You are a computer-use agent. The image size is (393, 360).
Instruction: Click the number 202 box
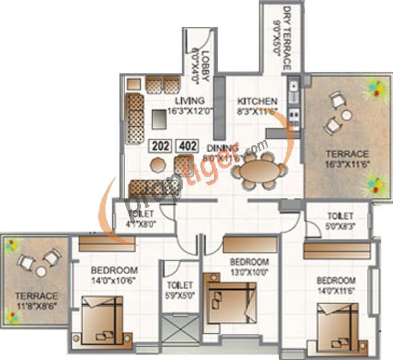160,146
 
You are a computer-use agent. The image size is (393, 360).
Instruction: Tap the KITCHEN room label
257,101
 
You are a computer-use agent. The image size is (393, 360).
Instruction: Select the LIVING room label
190,100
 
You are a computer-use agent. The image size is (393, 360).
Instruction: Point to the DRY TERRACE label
286,30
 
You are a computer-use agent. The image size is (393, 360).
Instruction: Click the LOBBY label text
205,66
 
